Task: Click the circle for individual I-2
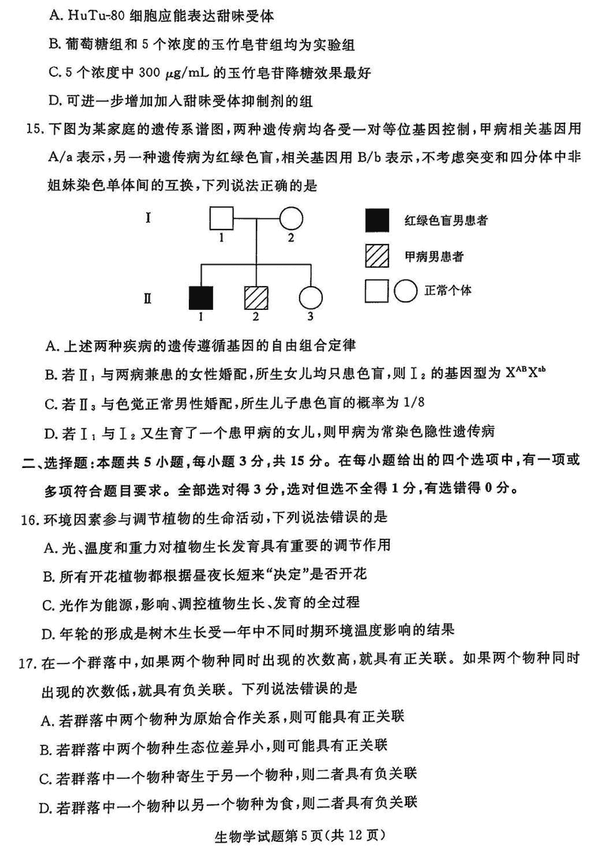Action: [x=290, y=220]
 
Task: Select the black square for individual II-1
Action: [x=202, y=298]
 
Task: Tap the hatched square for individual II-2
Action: [x=256, y=298]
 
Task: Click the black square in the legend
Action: [x=377, y=220]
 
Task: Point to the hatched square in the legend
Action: [x=377, y=256]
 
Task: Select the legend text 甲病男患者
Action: [x=433, y=257]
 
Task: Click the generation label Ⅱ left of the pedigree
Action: [x=148, y=299]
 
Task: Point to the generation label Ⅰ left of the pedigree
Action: [x=149, y=219]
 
